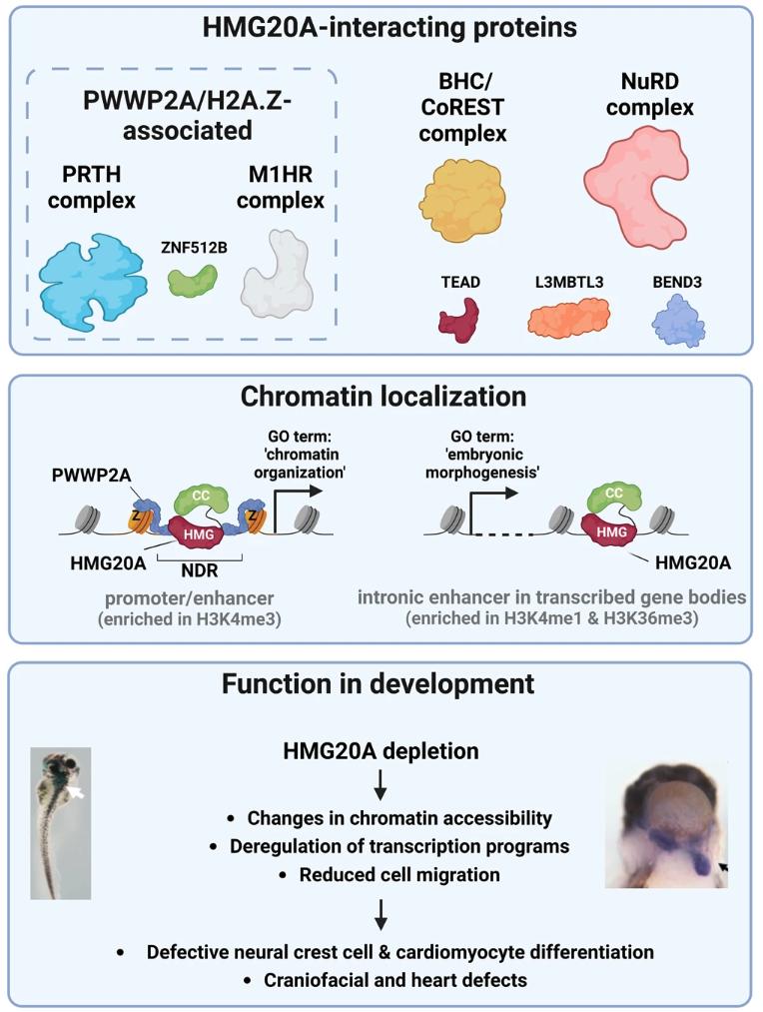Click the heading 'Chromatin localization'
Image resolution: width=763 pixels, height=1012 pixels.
382,397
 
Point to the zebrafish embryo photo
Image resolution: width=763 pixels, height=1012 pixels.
61,821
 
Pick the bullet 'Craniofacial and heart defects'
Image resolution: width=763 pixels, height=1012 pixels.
395,979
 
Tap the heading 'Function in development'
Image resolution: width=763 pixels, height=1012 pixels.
381,684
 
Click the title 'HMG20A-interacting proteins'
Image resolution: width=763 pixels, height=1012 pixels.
381,27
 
